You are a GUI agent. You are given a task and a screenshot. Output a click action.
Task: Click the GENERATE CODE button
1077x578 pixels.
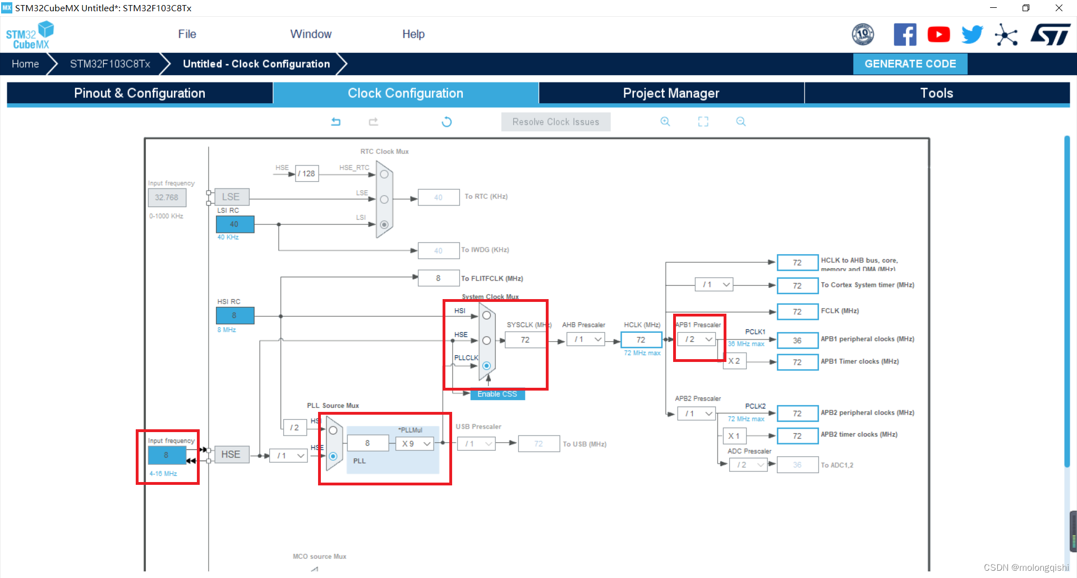tap(910, 64)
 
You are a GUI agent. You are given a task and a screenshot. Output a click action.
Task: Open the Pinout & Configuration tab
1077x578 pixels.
tap(140, 93)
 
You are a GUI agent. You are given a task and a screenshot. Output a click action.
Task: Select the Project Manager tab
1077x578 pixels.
tap(671, 93)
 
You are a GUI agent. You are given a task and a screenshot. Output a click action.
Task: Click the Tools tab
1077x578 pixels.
tap(936, 93)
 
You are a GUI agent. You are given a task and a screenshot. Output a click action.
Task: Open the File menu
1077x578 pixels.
tap(187, 34)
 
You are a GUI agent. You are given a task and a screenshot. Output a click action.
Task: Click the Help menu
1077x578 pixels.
tap(413, 34)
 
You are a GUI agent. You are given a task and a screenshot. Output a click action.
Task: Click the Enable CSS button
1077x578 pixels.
tap(497, 394)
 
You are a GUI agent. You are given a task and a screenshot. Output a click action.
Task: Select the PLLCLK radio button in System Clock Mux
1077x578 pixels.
tap(486, 366)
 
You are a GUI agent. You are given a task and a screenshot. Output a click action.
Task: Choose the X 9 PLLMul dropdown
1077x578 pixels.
tap(416, 444)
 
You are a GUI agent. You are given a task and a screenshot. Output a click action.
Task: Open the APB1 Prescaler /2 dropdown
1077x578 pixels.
tap(696, 340)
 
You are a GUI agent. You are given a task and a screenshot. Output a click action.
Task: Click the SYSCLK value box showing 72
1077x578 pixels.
tap(525, 340)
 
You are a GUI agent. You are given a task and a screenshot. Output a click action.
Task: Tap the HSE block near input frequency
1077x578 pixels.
tap(231, 455)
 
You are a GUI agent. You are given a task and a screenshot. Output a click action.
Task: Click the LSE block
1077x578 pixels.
tap(231, 197)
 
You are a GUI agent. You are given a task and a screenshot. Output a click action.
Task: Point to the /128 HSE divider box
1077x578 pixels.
tap(307, 174)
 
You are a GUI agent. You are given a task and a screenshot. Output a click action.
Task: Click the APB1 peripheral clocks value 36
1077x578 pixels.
tap(797, 341)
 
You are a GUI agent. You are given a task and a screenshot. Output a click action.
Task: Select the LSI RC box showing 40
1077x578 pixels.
tap(234, 224)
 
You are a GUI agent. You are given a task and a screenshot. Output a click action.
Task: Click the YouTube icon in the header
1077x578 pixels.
tap(938, 35)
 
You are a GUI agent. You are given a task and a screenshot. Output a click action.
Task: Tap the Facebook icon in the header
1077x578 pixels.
tap(905, 35)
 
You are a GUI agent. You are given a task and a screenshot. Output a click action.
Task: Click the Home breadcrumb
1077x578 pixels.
tap(25, 64)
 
